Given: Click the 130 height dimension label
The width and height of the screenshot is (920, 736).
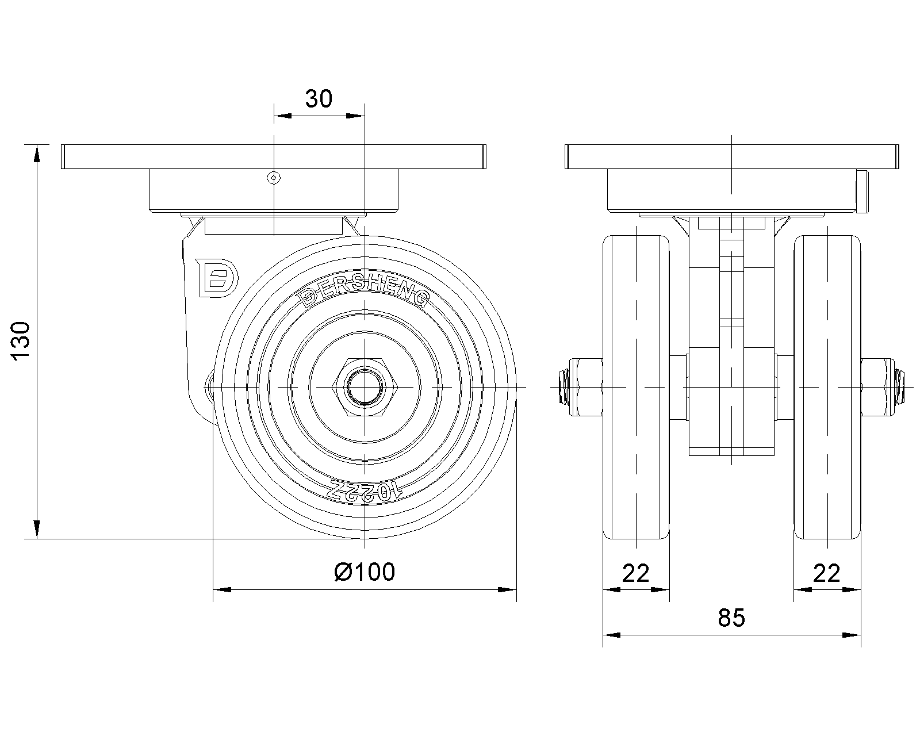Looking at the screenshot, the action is pyautogui.click(x=21, y=342).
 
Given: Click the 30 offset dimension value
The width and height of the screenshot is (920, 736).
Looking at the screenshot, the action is pyautogui.click(x=319, y=99).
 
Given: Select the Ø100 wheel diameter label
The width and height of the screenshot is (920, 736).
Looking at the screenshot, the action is pyautogui.click(x=365, y=572).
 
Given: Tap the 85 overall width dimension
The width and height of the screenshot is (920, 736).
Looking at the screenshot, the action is pyautogui.click(x=731, y=618).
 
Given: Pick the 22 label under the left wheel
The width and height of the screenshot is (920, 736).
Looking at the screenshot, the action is pyautogui.click(x=636, y=573).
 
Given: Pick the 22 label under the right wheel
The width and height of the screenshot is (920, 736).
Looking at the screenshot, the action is pyautogui.click(x=827, y=573).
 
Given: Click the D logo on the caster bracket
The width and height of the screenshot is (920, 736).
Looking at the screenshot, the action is pyautogui.click(x=217, y=278).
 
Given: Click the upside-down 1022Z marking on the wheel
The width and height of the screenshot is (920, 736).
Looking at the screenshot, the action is pyautogui.click(x=365, y=491).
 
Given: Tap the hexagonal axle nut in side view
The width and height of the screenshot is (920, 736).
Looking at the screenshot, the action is pyautogui.click(x=365, y=387).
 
